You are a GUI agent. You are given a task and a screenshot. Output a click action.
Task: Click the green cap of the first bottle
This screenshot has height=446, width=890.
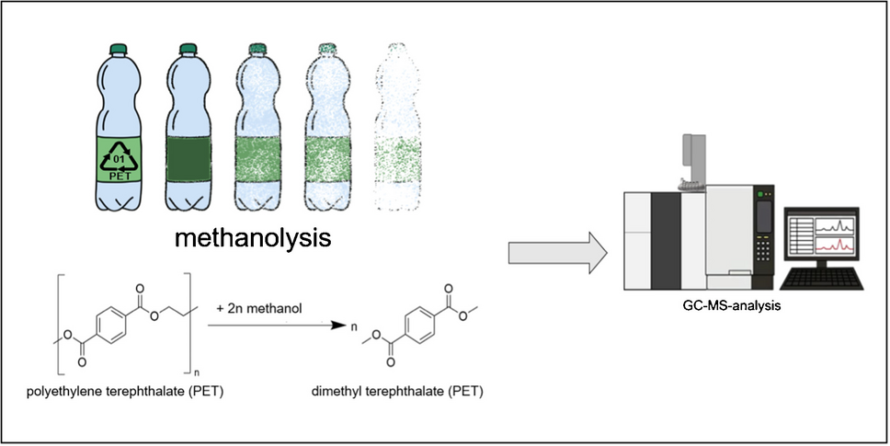click(x=120, y=49)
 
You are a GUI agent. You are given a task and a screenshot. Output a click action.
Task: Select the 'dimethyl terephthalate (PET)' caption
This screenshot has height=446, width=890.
click(x=398, y=393)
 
